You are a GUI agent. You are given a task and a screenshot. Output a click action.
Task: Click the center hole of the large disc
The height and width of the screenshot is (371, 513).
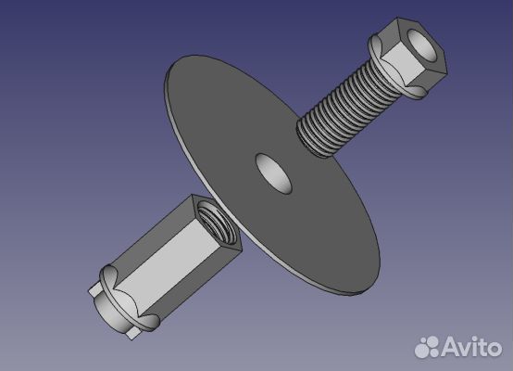pyautogui.click(x=273, y=173)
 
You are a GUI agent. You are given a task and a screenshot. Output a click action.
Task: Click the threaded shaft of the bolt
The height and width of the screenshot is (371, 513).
pyautogui.click(x=347, y=109)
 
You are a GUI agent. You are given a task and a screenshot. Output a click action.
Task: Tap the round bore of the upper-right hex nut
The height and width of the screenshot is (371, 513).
pyautogui.click(x=422, y=45)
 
